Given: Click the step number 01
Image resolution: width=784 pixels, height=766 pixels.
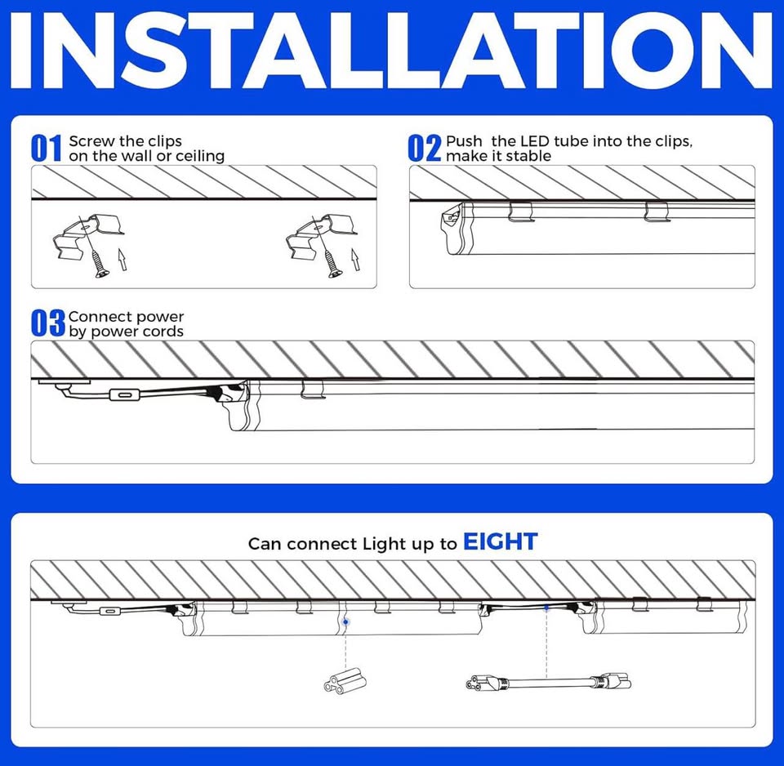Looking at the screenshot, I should coord(47,149).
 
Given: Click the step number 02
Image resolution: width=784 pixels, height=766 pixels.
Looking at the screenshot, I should coord(424,149).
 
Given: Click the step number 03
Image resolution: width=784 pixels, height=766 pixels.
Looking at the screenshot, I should coord(47,323).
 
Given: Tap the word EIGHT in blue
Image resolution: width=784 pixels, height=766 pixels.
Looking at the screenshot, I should coord(500,541).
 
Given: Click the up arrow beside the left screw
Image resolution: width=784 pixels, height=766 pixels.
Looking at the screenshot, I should coord(122,261).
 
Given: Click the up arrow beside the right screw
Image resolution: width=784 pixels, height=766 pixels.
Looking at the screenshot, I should coord(355,261).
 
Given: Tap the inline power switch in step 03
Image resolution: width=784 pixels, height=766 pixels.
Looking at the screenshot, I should coord(124,395).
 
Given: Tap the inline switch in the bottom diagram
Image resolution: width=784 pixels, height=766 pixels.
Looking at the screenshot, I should coord(106,612).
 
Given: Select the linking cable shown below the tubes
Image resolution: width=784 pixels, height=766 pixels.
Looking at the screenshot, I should coord(547,679).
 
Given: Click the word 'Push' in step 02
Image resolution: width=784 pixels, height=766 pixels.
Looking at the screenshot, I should coord(464,141).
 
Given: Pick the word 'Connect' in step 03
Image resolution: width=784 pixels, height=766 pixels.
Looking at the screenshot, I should coord(97,317).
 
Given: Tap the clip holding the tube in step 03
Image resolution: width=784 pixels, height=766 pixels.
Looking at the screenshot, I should coord(313,390).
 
